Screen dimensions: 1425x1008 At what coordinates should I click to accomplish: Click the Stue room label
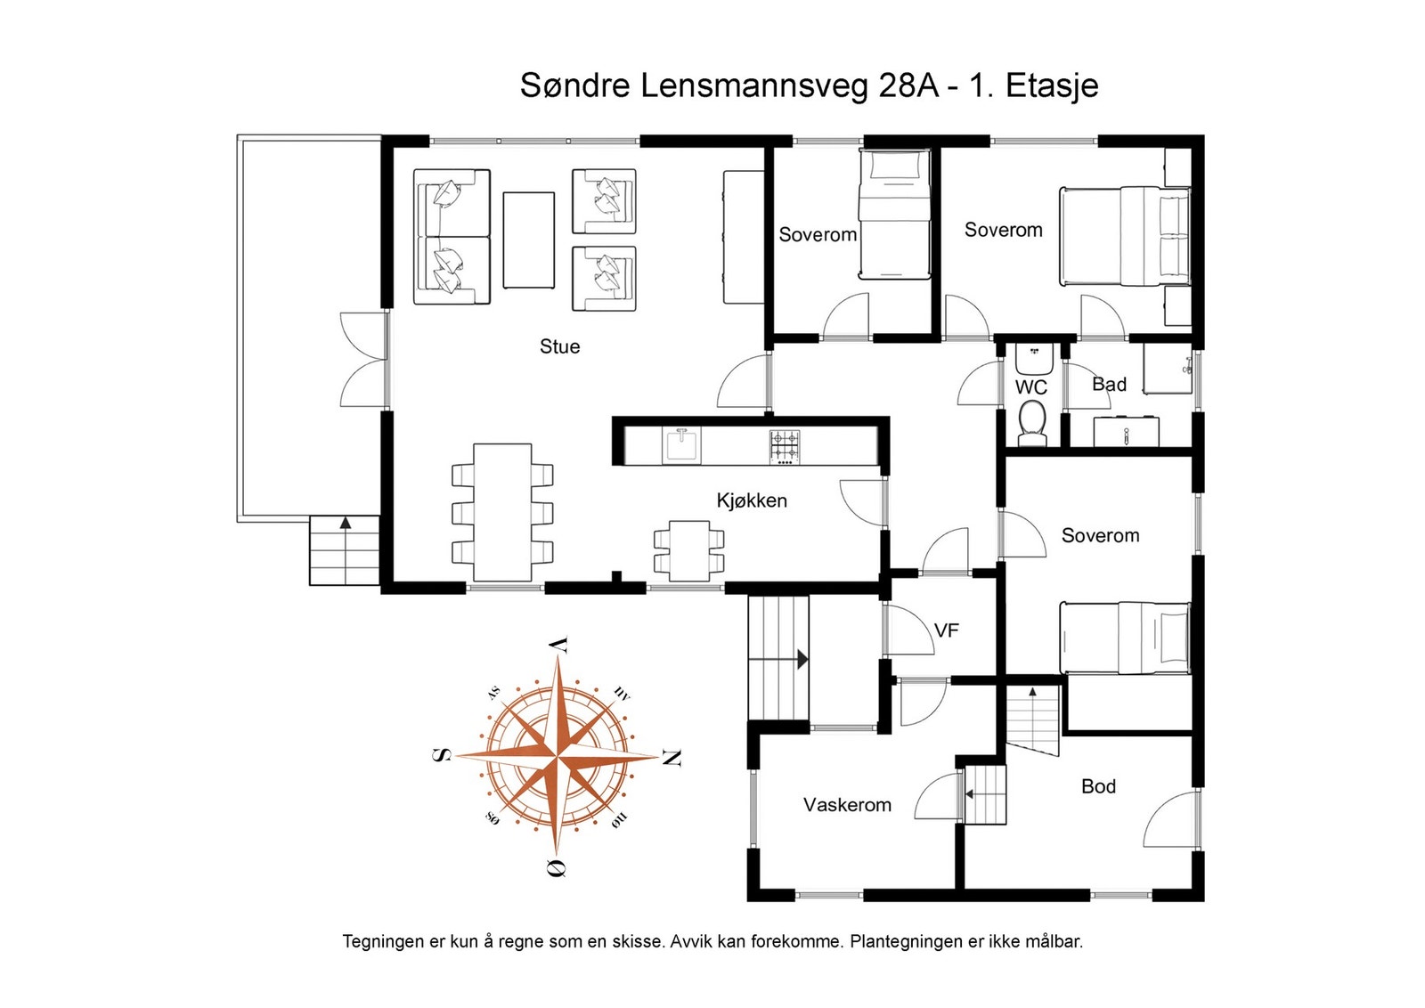(x=560, y=346)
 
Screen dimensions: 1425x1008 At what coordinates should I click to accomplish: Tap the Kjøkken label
(x=752, y=500)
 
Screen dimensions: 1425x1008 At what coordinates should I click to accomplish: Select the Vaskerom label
(x=847, y=805)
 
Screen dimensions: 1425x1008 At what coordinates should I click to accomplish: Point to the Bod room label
(x=1099, y=786)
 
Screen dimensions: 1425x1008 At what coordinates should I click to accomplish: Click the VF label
(x=946, y=630)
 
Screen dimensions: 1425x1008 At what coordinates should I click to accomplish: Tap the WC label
(x=1030, y=387)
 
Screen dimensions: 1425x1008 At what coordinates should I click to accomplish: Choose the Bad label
(x=1109, y=384)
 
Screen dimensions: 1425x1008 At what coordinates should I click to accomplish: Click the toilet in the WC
(x=1032, y=423)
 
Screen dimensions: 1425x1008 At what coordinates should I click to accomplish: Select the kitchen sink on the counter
(x=681, y=445)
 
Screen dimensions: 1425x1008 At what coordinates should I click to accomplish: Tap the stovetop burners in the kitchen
(x=785, y=446)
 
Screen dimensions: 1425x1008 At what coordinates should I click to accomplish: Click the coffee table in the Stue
(x=529, y=240)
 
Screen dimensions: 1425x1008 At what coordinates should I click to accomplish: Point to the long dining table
(x=502, y=513)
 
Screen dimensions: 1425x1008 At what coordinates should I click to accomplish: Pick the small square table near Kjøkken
(x=689, y=550)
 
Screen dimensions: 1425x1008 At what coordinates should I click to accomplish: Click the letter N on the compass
(x=672, y=758)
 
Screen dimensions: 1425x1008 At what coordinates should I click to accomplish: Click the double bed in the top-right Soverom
(x=1125, y=236)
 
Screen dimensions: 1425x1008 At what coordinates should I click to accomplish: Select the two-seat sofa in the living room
(x=452, y=237)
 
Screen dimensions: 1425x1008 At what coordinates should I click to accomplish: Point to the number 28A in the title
(x=908, y=85)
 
